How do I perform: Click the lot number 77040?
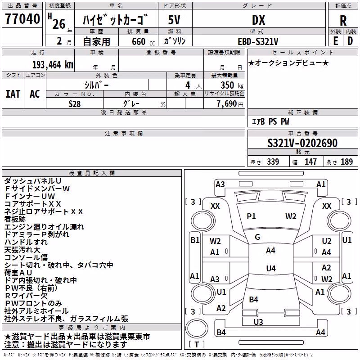22,19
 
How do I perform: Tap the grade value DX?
258,20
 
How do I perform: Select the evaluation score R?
343,21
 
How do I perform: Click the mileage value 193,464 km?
53,65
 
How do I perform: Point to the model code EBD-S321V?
258,41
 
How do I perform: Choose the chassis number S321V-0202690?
302,143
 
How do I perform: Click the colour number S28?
74,104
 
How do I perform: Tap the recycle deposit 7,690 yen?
230,104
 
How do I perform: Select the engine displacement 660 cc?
143,41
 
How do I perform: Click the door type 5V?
174,20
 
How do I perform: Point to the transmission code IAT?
13,94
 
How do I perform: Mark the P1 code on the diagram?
251,216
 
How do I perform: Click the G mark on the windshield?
257,237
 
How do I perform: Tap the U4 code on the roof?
271,268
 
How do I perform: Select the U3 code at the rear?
258,322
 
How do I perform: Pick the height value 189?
346,162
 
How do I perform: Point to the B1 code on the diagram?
195,240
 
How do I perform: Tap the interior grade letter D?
350,41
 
